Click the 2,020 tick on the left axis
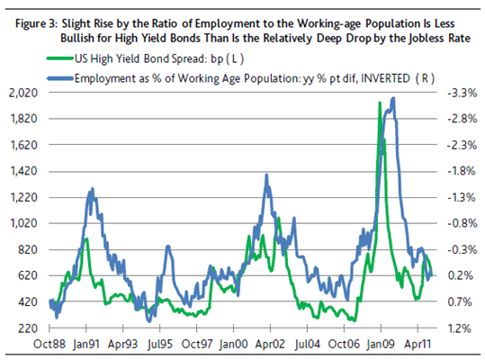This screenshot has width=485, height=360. click(x=23, y=93)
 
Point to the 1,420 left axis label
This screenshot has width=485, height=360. click(x=24, y=171)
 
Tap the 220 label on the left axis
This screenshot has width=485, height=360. click(x=28, y=328)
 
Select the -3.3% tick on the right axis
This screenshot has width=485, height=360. click(x=463, y=93)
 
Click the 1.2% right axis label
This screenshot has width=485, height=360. click(x=459, y=328)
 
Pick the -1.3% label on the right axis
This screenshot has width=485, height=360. click(x=462, y=197)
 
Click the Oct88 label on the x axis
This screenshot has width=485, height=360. click(x=49, y=344)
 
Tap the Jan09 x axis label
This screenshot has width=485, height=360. click(x=381, y=344)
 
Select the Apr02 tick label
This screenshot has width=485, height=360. click(x=270, y=344)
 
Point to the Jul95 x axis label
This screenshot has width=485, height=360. click(x=159, y=344)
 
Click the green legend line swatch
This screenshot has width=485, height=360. click(x=60, y=58)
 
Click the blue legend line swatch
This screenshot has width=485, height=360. click(x=60, y=78)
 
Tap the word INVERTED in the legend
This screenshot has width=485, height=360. click(x=385, y=78)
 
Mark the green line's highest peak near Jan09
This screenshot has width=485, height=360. click(x=380, y=103)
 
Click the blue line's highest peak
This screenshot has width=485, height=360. click(x=393, y=98)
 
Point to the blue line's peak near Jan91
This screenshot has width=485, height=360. click(x=92, y=188)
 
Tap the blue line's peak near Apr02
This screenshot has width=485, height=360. click(x=266, y=175)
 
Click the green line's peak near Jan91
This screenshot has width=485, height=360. click(x=86, y=238)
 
